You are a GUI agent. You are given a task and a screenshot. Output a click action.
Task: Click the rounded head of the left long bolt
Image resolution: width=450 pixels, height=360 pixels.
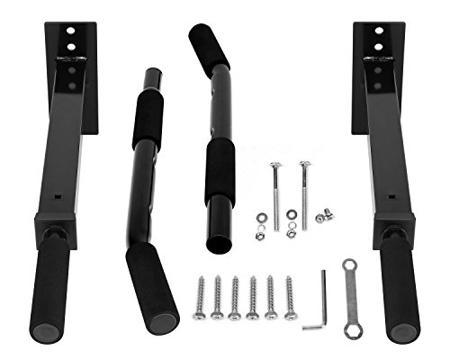tap(274, 166)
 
